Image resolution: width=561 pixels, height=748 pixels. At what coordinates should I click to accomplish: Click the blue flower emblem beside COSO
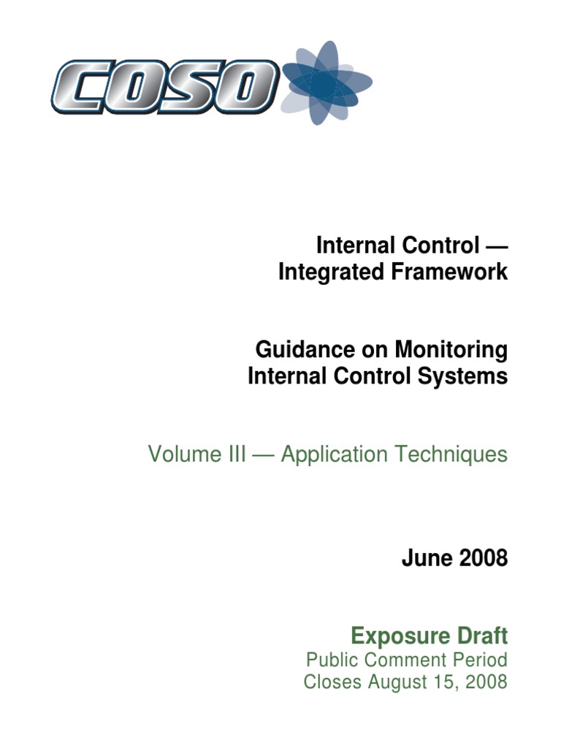[x=327, y=83]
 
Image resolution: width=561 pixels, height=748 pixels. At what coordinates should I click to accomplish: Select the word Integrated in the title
[x=331, y=272]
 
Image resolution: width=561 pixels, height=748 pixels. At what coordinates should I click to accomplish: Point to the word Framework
[x=449, y=272]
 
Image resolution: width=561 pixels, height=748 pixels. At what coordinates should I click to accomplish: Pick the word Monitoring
[x=451, y=350]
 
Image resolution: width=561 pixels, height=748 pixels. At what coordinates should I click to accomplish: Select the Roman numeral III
[x=237, y=454]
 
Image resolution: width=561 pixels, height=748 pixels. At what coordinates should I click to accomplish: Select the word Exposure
[x=400, y=636]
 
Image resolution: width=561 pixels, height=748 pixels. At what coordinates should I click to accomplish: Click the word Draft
[x=482, y=636]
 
